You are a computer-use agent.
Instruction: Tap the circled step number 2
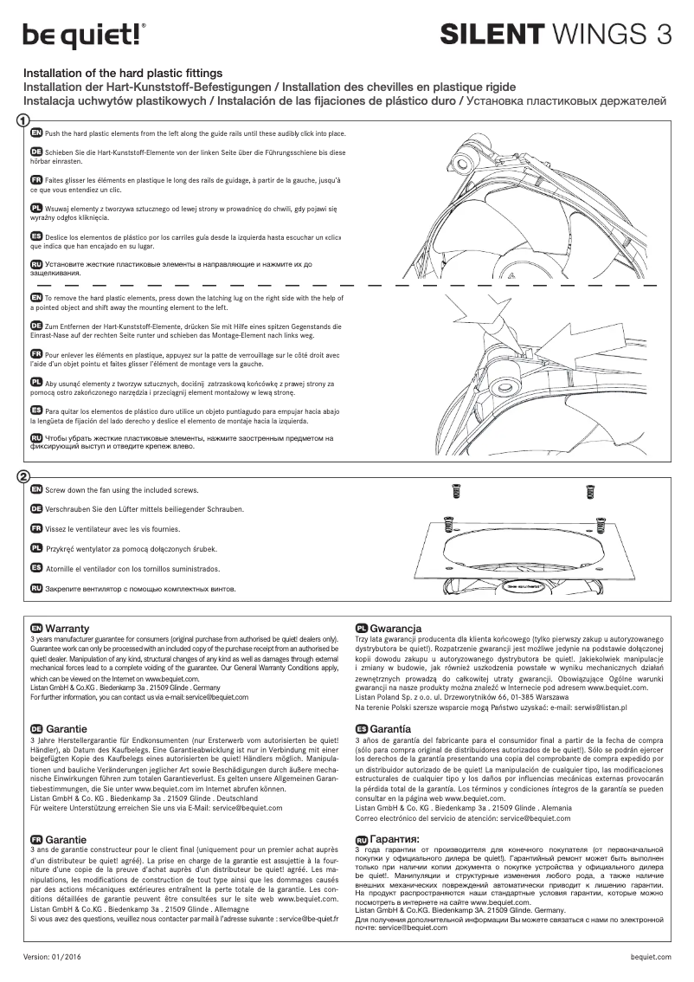point(23,477)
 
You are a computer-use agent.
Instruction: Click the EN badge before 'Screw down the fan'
point(36,490)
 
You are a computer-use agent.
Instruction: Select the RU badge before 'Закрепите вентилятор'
point(36,589)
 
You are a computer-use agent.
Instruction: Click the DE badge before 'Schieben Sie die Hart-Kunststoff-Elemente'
point(36,152)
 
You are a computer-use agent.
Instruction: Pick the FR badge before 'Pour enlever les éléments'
point(36,355)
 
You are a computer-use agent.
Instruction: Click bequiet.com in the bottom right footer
point(652,957)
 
